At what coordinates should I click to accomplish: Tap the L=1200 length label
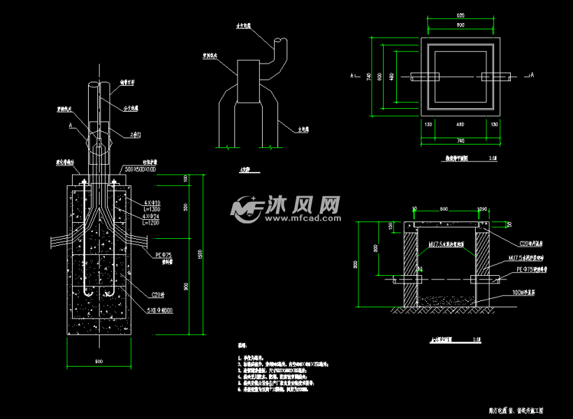pyautogui.click(x=150, y=223)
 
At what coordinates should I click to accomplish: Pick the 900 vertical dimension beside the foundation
pyautogui.click(x=184, y=286)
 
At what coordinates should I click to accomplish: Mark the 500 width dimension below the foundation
pyautogui.click(x=99, y=361)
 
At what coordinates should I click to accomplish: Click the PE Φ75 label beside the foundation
pyautogui.click(x=163, y=256)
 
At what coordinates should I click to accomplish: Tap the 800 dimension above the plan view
pyautogui.click(x=460, y=25)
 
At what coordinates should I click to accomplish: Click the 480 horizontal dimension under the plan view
pyautogui.click(x=460, y=125)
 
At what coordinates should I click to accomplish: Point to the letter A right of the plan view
pyautogui.click(x=532, y=74)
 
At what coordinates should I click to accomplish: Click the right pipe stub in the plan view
pyautogui.click(x=498, y=76)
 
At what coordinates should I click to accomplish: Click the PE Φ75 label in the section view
pyautogui.click(x=530, y=268)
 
